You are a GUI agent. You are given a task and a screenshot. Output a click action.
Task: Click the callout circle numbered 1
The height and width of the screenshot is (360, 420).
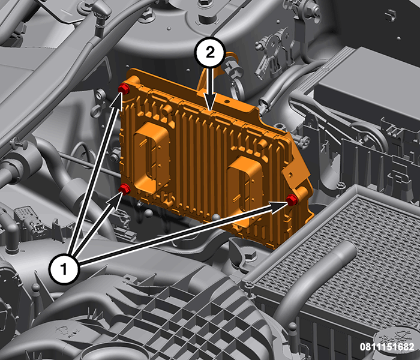(x=64, y=269)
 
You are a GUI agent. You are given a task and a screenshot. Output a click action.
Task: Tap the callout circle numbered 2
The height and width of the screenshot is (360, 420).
(x=210, y=52)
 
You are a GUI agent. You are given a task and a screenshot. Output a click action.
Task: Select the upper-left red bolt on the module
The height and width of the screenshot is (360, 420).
(x=124, y=88)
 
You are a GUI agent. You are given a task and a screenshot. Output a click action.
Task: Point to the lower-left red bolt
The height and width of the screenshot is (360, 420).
(x=125, y=189)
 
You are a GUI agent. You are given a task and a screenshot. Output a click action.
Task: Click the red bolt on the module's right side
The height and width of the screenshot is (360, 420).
(x=292, y=200)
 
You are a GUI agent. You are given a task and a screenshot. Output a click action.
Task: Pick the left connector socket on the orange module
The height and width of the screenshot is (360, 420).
(x=152, y=155)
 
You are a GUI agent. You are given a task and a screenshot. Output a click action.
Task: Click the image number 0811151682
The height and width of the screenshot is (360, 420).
(x=387, y=347)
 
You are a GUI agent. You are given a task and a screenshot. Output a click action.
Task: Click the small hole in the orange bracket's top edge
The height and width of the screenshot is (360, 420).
(x=227, y=102)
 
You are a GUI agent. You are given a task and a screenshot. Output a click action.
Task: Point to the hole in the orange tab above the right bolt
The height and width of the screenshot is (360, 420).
(x=290, y=175)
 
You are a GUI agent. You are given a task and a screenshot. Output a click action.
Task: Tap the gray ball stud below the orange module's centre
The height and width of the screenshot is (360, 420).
(x=217, y=217)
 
